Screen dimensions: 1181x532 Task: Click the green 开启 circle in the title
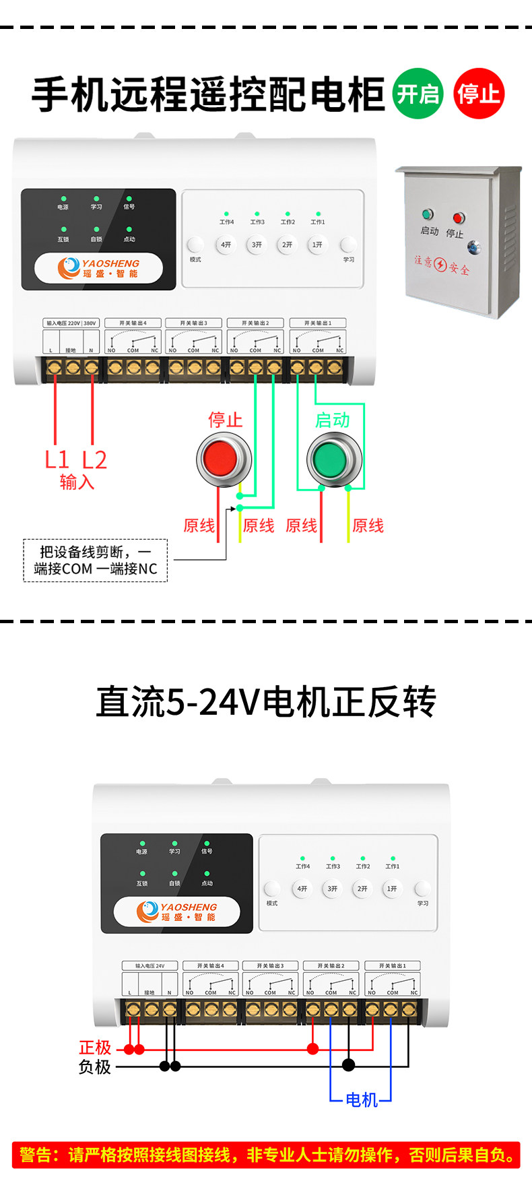point(418,94)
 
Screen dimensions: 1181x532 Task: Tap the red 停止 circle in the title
point(479,94)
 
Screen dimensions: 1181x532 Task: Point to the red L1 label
point(57,460)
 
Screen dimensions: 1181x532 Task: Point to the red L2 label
point(94,460)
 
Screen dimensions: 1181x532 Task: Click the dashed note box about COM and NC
point(96,561)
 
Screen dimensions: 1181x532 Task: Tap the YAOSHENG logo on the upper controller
point(98,268)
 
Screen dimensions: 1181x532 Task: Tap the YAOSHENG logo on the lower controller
point(176,912)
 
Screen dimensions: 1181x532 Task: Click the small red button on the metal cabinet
point(459,218)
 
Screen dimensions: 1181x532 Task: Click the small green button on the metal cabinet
point(427,215)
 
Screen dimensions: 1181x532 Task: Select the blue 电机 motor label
point(361,1099)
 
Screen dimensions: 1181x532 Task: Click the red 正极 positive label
point(95,1048)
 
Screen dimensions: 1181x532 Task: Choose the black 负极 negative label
point(95,1066)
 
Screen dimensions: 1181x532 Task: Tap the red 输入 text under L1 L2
point(77,482)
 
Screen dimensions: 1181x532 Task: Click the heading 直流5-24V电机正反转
point(266,702)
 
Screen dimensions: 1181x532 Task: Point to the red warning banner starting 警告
point(266,1155)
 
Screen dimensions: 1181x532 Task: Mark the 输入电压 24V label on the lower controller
point(149,965)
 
